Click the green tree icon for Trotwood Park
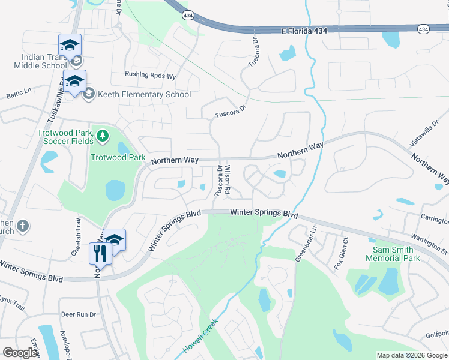(x=103, y=136)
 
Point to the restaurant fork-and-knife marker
(x=100, y=253)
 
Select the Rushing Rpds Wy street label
(x=150, y=76)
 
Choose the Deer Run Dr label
(x=78, y=314)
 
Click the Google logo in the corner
(x=20, y=352)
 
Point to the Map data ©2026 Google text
(x=411, y=355)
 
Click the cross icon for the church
(x=22, y=226)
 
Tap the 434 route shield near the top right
(x=423, y=29)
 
